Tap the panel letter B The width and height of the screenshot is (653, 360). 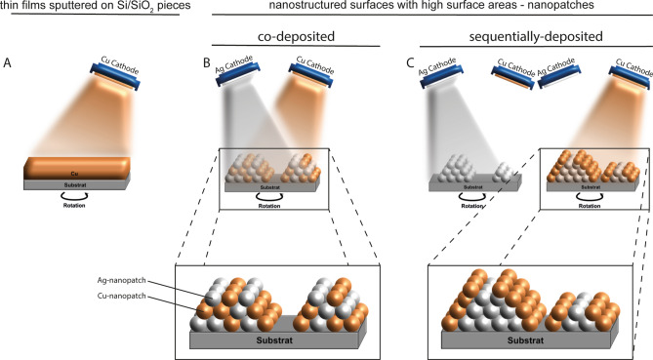pyautogui.click(x=204, y=65)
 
